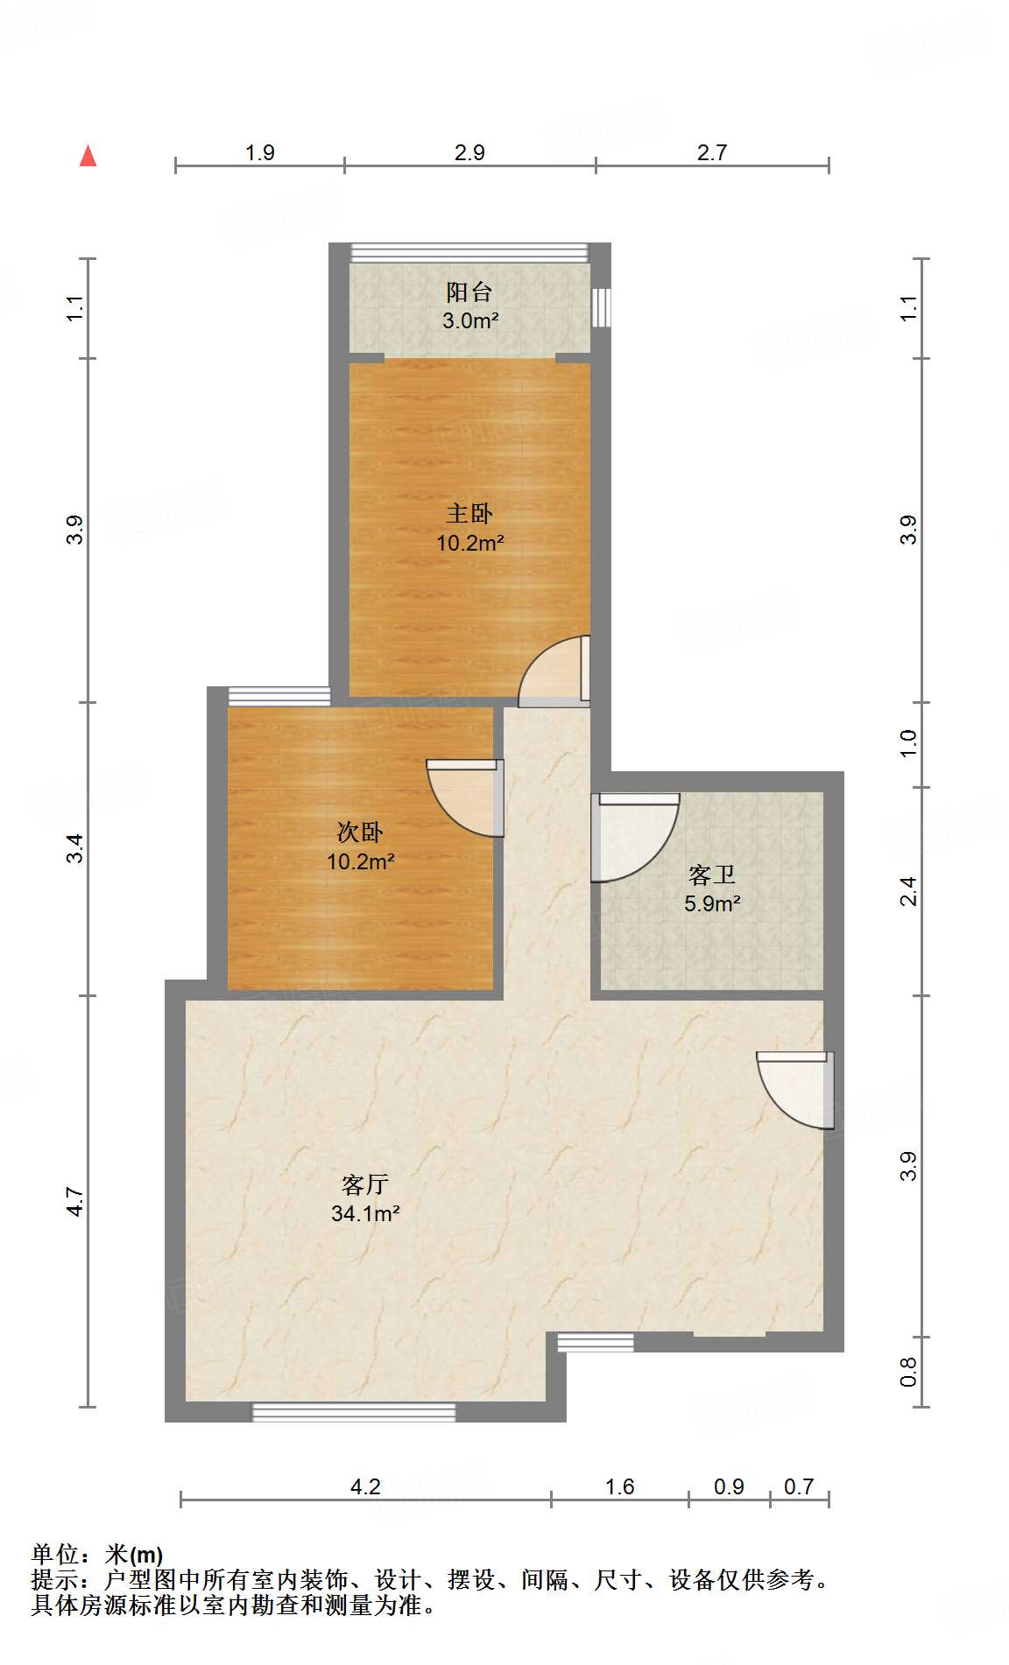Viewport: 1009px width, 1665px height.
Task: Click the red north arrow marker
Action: point(88,156)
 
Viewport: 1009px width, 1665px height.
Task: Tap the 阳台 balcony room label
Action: point(469,292)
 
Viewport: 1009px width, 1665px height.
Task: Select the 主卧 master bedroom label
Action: point(469,513)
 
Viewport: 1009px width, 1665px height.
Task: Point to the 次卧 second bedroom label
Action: point(360,832)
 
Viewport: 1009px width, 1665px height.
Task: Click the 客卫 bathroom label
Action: point(711,875)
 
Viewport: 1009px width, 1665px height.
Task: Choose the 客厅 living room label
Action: point(365,1184)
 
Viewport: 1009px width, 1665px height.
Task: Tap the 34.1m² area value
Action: point(365,1214)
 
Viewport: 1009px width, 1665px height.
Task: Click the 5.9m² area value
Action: point(712,904)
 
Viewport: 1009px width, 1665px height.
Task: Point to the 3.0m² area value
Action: point(470,321)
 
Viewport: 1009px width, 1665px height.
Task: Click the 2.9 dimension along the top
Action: point(469,152)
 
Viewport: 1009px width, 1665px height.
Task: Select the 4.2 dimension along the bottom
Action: point(365,1486)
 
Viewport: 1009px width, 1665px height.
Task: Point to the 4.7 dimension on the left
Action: point(75,1201)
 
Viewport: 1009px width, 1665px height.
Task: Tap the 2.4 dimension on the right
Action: point(908,891)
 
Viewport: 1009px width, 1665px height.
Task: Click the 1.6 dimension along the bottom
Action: point(619,1486)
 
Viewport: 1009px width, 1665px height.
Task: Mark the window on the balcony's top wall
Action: point(469,253)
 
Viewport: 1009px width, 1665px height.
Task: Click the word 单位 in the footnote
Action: point(55,1555)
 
